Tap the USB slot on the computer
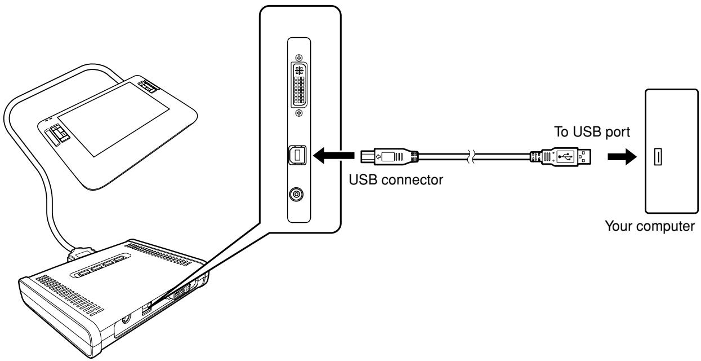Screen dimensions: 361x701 pyautogui.click(x=656, y=156)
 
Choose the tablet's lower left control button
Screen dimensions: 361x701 pyautogui.click(x=57, y=136)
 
